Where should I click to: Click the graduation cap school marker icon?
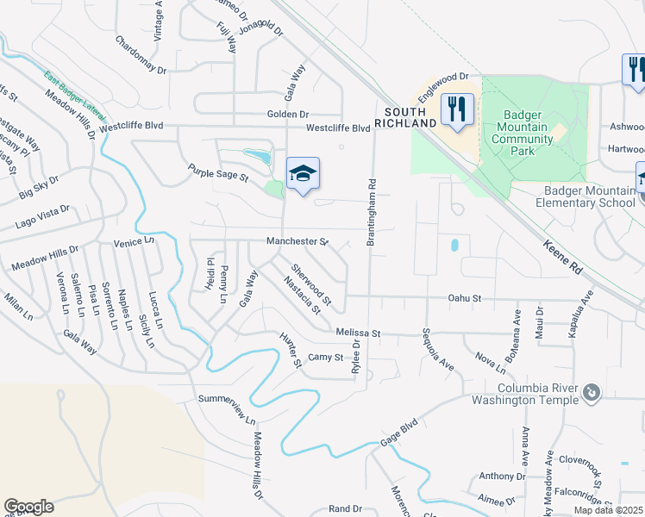point(303,173)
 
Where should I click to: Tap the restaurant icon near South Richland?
point(457,109)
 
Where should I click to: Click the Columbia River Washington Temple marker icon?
point(591,393)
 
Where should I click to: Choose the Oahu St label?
point(464,298)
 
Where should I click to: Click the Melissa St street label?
point(358,333)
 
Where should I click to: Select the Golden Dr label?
point(289,114)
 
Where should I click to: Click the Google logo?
point(28,507)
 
